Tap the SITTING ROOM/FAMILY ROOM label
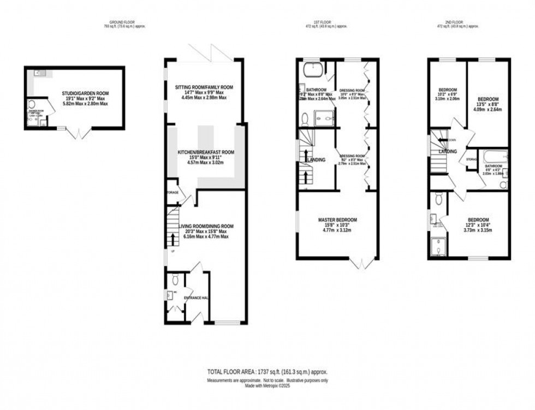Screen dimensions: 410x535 click(204, 87)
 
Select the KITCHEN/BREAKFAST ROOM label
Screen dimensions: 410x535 click(205, 152)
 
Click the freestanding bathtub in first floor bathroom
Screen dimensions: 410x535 click(313, 71)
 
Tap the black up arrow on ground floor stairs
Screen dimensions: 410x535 click(174, 240)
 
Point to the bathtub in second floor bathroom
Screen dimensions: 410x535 click(495, 157)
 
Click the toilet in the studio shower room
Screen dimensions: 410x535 click(32, 104)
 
